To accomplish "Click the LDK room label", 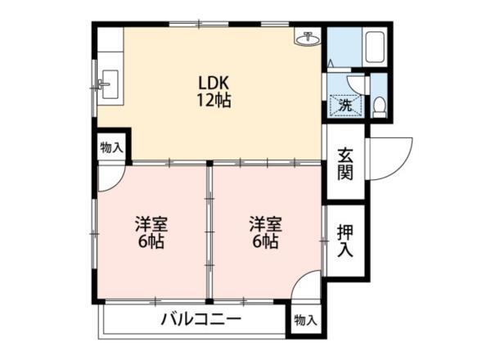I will pyautogui.click(x=214, y=83).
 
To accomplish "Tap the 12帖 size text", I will pyautogui.click(x=214, y=101).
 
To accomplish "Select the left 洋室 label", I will pyautogui.click(x=151, y=223).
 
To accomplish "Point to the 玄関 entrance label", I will pyautogui.click(x=345, y=164).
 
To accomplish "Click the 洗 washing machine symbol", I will pyautogui.click(x=345, y=105).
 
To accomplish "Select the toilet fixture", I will pyautogui.click(x=379, y=105).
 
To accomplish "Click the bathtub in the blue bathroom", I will pyautogui.click(x=376, y=47).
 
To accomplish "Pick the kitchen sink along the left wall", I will pyautogui.click(x=108, y=83).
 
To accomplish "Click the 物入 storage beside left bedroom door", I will pyautogui.click(x=111, y=148).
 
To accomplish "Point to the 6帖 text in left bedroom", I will pyautogui.click(x=151, y=242).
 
